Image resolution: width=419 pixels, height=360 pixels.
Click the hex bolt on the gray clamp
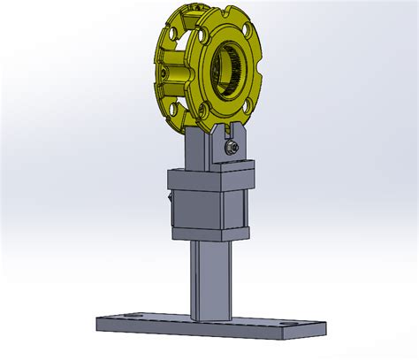click(231, 148)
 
